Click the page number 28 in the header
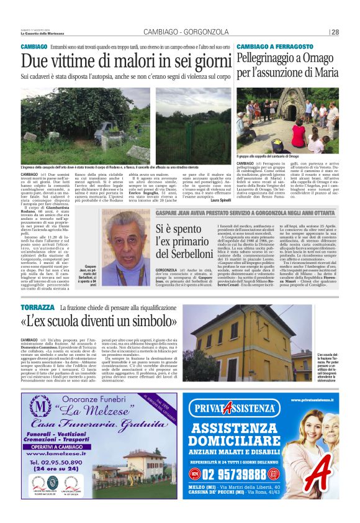(335, 32)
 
